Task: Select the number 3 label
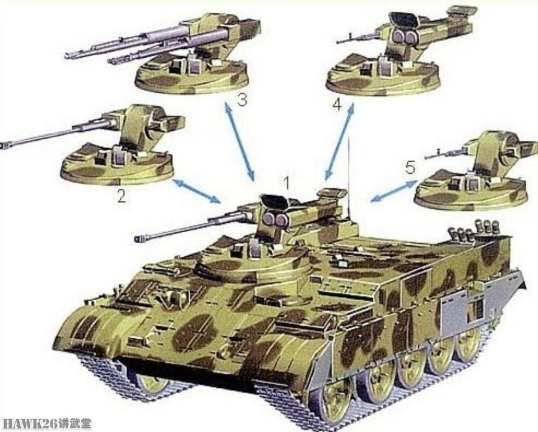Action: click(242, 100)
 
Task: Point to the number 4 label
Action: click(337, 104)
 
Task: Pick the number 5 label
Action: click(410, 168)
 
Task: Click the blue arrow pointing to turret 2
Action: click(197, 191)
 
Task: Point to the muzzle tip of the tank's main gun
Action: click(137, 238)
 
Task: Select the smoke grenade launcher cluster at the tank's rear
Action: click(474, 228)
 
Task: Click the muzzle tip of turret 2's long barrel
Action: click(3, 146)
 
